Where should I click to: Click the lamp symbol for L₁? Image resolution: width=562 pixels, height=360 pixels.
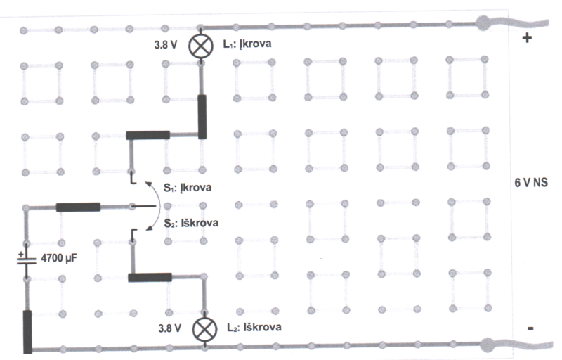pyautogui.click(x=202, y=46)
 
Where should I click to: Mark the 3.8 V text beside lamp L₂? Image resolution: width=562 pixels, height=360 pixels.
pyautogui.click(x=170, y=328)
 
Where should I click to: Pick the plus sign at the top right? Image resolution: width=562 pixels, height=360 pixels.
pyautogui.click(x=527, y=38)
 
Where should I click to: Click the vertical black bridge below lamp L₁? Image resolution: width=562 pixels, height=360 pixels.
pyautogui.click(x=204, y=115)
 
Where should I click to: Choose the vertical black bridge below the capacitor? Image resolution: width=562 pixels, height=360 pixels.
pyautogui.click(x=27, y=330)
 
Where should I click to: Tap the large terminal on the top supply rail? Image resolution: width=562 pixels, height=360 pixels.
pyautogui.click(x=484, y=24)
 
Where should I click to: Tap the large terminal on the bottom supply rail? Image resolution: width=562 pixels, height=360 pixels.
pyautogui.click(x=487, y=345)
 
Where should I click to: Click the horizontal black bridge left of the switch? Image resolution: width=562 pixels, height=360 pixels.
pyautogui.click(x=78, y=207)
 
